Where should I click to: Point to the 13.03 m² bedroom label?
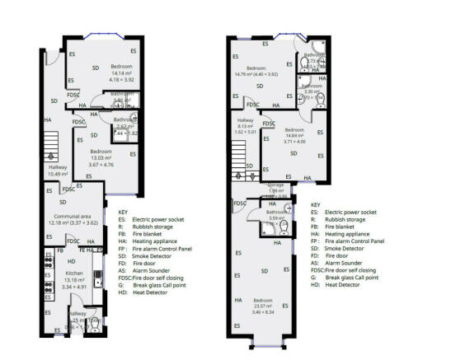[x=101, y=152]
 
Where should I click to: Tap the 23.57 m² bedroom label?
[x=264, y=300]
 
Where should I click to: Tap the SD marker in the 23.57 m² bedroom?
[x=264, y=271]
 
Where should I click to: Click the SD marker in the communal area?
[x=62, y=201]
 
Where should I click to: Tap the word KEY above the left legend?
[x=124, y=212]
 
